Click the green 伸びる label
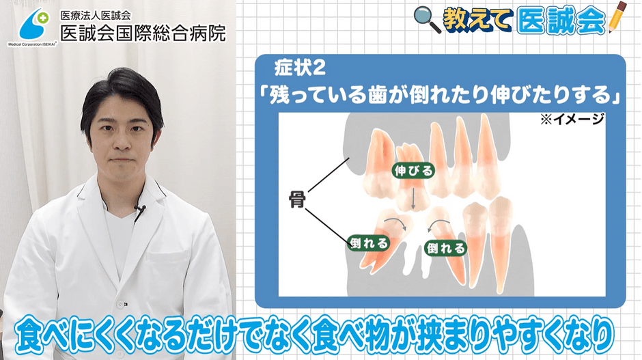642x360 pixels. point(413,170)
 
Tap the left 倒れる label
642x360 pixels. point(369,243)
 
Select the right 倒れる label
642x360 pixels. point(445,247)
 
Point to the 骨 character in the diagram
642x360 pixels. point(297,199)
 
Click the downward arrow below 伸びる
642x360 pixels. point(413,199)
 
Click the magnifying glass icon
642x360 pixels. point(427,19)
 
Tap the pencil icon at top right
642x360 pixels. point(617,17)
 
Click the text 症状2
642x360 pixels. point(300,68)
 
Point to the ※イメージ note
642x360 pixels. point(572,119)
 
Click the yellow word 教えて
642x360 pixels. point(477,20)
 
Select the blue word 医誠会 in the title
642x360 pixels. point(561,20)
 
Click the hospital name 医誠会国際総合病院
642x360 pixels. point(143,33)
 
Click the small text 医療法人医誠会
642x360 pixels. point(96,16)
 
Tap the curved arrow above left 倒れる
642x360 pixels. point(396,222)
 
